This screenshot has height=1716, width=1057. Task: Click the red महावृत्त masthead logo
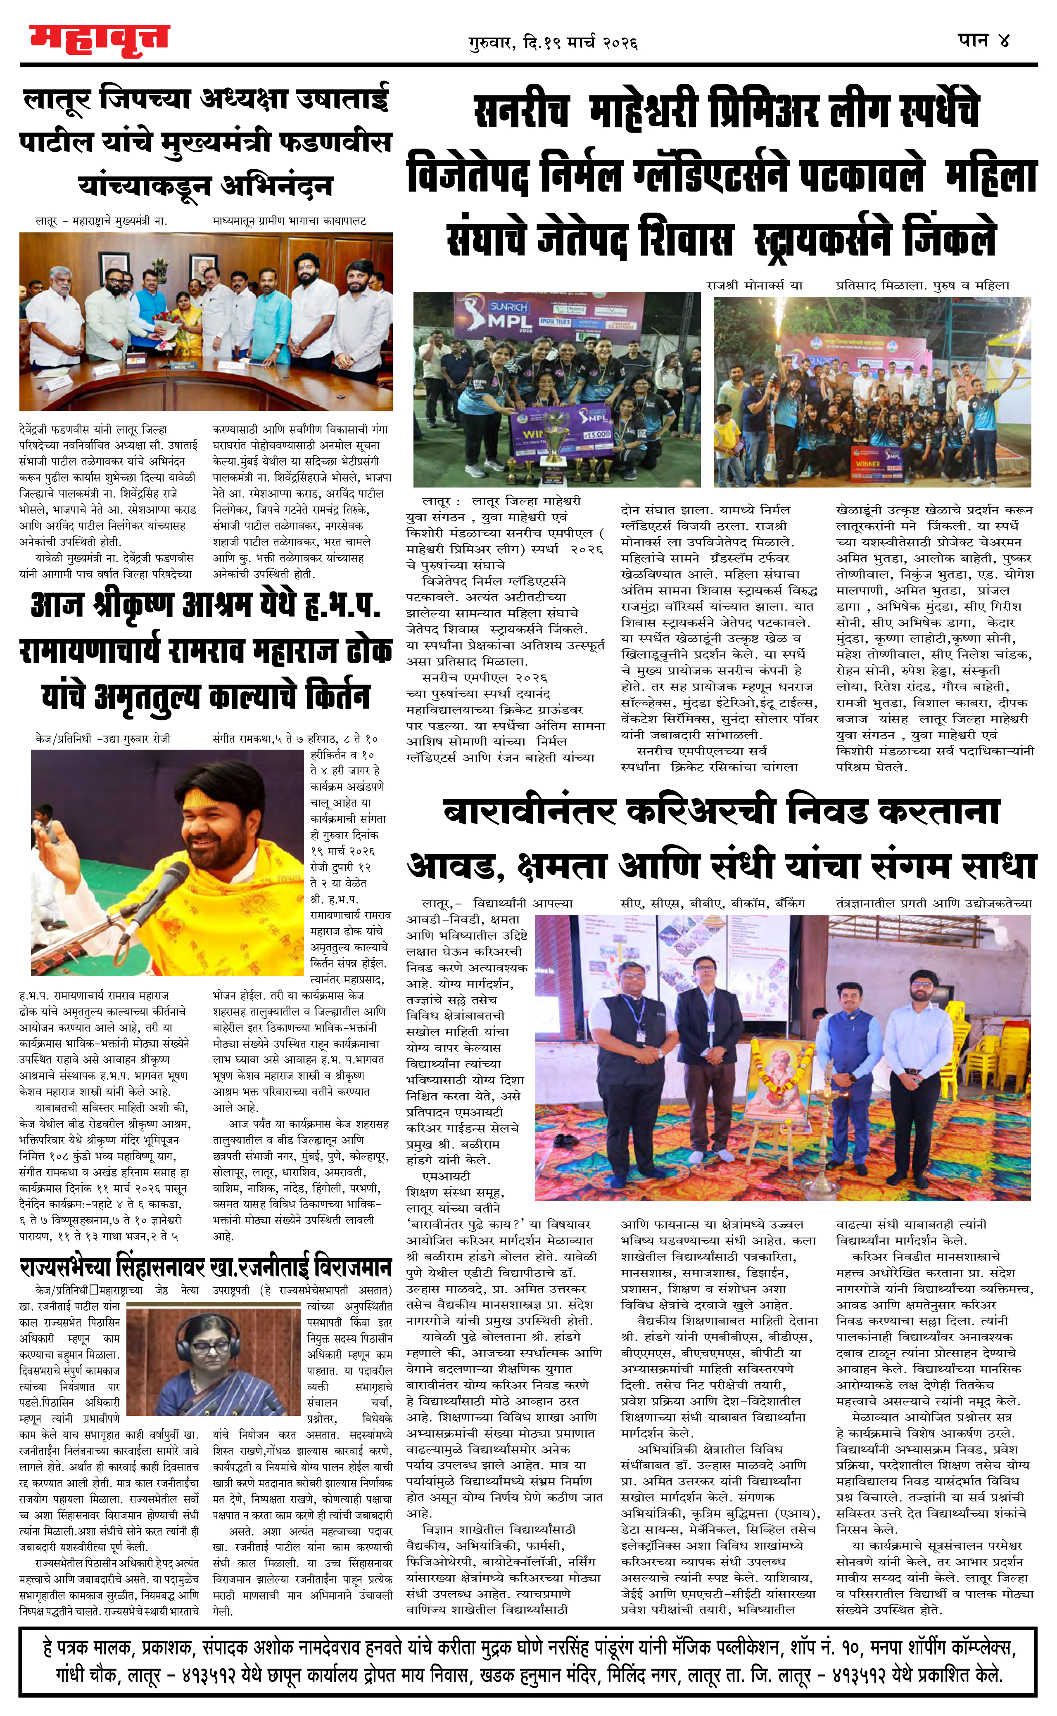tap(99, 39)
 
